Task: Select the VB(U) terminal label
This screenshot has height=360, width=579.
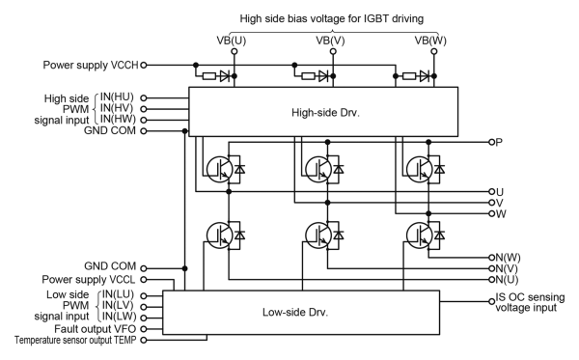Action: pyautogui.click(x=236, y=41)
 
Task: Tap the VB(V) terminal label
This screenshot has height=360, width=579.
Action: pyautogui.click(x=332, y=41)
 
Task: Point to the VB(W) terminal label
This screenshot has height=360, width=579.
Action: pyautogui.click(x=430, y=41)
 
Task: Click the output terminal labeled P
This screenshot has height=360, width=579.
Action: pyautogui.click(x=498, y=142)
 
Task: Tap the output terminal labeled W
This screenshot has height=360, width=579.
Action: pyautogui.click(x=499, y=213)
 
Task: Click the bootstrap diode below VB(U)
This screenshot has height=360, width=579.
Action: pyautogui.click(x=221, y=74)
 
